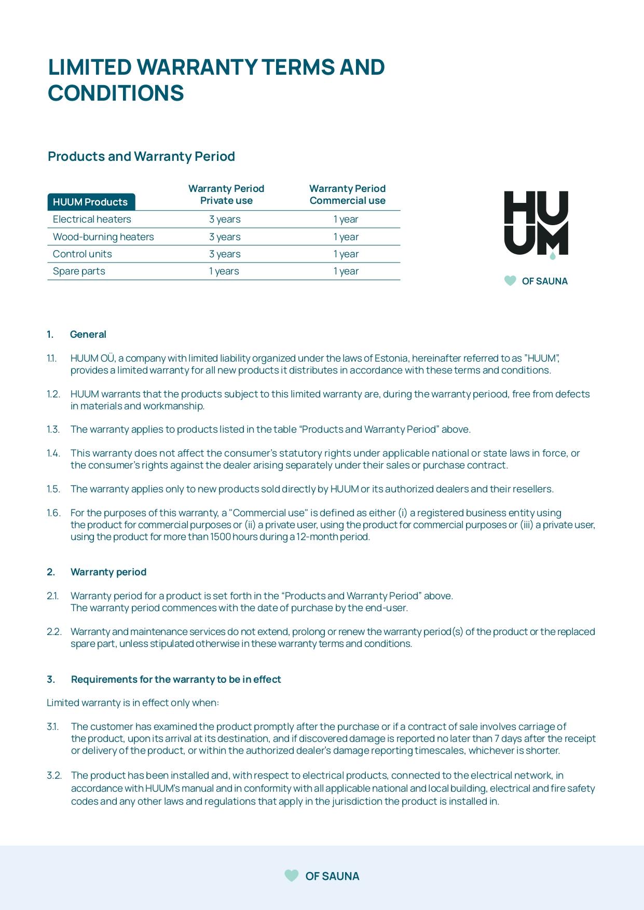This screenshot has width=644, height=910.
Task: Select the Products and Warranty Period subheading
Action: coord(141,156)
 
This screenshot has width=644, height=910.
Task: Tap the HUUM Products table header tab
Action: coord(91,202)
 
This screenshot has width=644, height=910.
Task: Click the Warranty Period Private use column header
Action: coord(226,195)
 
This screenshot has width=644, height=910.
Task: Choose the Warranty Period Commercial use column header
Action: coord(347,195)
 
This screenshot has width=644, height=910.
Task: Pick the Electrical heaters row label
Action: coord(92,219)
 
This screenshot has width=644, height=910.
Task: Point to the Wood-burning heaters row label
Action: coord(103,237)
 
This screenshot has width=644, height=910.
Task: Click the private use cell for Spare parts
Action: coord(224,271)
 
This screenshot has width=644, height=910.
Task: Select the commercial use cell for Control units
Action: coord(346,254)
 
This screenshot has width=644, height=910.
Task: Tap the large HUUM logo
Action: coord(536,224)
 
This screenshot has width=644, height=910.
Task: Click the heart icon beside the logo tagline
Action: coord(510,281)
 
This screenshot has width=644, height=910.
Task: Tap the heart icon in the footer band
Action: coord(292,876)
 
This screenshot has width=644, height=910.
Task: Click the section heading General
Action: coord(88,334)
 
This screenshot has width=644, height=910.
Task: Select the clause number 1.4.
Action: coord(53,453)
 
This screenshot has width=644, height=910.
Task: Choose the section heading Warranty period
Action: coord(108,572)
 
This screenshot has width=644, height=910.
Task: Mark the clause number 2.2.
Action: coord(54,631)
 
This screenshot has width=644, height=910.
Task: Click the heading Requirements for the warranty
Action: coord(176,679)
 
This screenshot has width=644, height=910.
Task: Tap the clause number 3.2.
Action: coord(54,775)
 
